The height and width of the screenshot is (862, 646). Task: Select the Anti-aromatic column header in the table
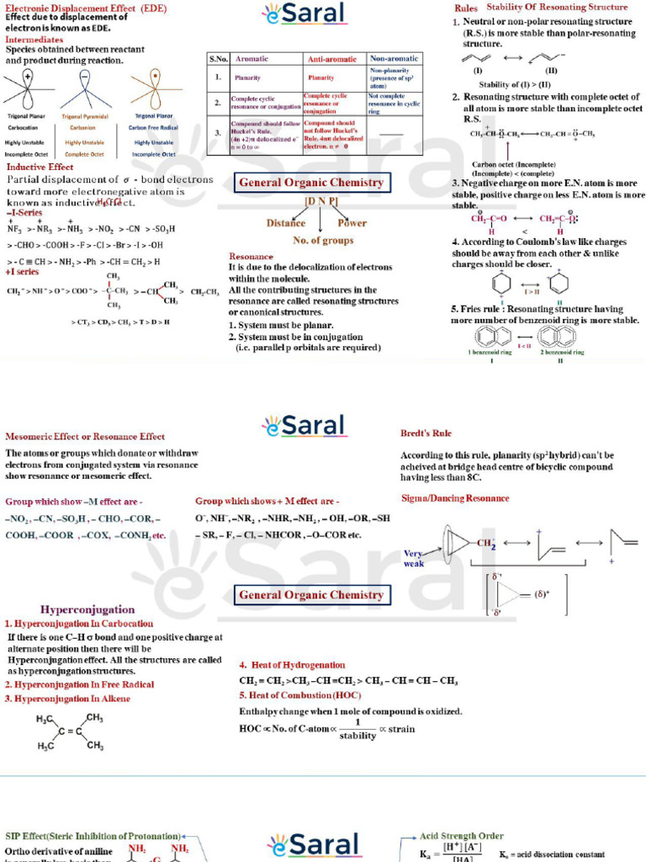[333, 60]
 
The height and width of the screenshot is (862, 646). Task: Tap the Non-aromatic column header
[394, 60]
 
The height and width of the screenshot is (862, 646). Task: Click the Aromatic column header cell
[252, 60]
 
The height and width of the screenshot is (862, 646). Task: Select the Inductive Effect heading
[40, 168]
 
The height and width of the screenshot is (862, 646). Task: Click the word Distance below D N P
[286, 223]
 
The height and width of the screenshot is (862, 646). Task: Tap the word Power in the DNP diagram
[352, 223]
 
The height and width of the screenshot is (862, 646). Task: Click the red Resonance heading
[251, 256]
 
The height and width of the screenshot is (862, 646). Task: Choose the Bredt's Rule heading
[426, 434]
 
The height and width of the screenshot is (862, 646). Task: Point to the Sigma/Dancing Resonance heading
[455, 498]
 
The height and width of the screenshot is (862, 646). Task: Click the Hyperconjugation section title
[87, 609]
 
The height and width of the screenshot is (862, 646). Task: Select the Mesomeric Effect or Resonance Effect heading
[85, 437]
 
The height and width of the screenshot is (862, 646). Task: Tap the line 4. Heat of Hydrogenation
[292, 665]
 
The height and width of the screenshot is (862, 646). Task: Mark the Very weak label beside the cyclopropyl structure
[414, 558]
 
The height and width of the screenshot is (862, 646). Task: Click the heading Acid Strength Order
[462, 836]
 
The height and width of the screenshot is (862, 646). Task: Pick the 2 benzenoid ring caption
[561, 352]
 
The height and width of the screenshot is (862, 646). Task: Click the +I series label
[22, 272]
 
